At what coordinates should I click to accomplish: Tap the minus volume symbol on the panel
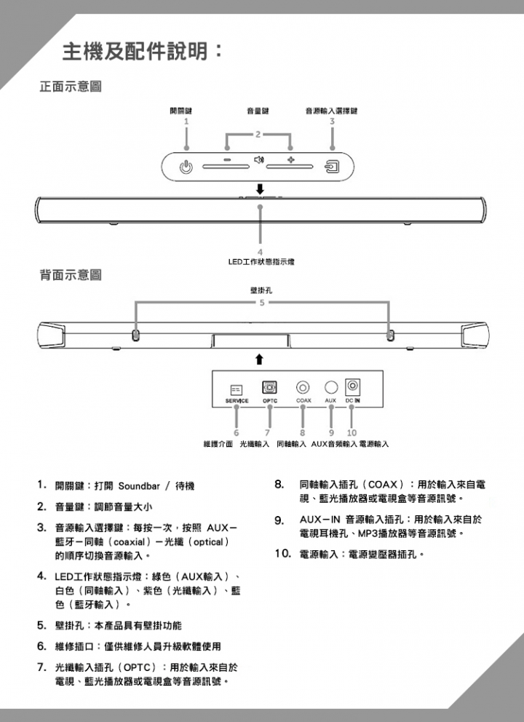(x=227, y=160)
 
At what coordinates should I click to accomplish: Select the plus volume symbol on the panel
(x=290, y=160)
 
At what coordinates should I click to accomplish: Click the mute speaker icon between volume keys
(x=259, y=160)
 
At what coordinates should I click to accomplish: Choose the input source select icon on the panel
(x=333, y=166)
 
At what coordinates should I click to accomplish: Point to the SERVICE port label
(x=237, y=401)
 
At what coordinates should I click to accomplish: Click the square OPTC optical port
(x=269, y=387)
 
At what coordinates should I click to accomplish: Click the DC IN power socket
(x=353, y=386)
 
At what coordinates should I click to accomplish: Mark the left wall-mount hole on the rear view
(x=136, y=335)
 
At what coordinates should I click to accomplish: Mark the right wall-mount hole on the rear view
(x=390, y=335)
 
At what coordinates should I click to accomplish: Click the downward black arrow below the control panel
(x=260, y=189)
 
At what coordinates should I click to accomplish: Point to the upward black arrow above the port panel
(x=260, y=359)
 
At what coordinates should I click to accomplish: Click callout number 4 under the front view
(x=260, y=253)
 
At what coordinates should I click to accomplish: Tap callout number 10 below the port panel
(x=352, y=433)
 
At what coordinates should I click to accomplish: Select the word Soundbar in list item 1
(x=139, y=486)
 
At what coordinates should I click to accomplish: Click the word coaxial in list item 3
(x=130, y=542)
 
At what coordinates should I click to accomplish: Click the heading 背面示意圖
(x=71, y=275)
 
